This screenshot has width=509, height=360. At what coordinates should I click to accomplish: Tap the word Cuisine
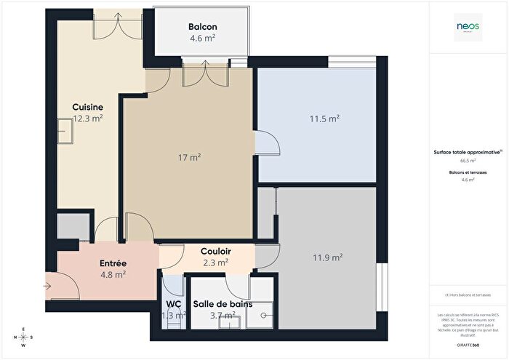pyautogui.click(x=87, y=107)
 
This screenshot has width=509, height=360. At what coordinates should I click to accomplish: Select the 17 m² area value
pyautogui.click(x=191, y=156)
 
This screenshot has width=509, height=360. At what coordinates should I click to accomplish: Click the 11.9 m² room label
pyautogui.click(x=327, y=257)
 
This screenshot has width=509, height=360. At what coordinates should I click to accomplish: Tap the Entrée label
pyautogui.click(x=113, y=263)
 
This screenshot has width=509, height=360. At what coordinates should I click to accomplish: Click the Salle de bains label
pyautogui.click(x=223, y=304)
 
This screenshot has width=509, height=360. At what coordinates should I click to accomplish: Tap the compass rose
pyautogui.click(x=23, y=337)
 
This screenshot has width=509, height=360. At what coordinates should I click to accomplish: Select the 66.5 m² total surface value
pyautogui.click(x=468, y=161)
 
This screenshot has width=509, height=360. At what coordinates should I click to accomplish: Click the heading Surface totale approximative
pyautogui.click(x=468, y=152)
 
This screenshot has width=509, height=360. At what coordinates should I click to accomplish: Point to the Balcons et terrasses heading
pyautogui.click(x=468, y=172)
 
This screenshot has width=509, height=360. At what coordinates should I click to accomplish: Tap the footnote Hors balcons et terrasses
pyautogui.click(x=468, y=295)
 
